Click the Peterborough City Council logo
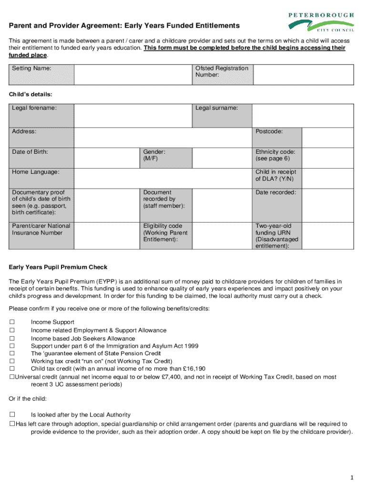pos(321,21)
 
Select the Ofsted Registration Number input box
pos(303,75)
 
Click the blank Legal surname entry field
pos(303,116)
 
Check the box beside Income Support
pos(12,322)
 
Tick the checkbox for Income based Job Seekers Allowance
pos(12,338)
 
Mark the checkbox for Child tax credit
pos(12,369)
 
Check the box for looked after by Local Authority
pos(12,415)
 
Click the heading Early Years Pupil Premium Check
pos(59,267)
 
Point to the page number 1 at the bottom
pos(351,478)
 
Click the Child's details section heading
pos(31,95)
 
